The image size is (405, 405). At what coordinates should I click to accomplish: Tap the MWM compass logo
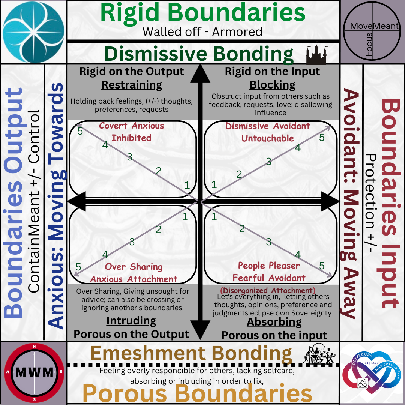coord(34,373)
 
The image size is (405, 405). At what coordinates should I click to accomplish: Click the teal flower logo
coord(33,31)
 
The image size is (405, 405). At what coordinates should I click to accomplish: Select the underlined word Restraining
coord(132,85)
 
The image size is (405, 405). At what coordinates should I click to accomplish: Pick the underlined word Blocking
coord(273,85)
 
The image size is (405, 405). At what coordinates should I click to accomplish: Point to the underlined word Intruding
coord(131,321)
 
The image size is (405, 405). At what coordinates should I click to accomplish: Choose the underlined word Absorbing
coord(274,322)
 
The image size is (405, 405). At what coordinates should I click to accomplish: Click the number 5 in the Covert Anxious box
coord(80,131)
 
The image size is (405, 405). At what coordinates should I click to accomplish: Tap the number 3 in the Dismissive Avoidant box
coord(268,162)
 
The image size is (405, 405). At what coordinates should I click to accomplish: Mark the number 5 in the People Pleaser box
coord(322,266)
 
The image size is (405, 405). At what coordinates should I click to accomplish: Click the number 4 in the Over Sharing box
coord(105,255)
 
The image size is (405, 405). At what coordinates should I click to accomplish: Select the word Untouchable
coord(268,138)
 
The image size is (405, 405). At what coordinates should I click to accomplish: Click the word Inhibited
coord(131,138)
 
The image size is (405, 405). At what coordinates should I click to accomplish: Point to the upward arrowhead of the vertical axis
coord(200,73)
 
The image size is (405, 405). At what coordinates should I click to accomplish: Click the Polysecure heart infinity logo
coord(372,373)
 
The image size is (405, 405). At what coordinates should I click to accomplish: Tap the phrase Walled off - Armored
coord(202,32)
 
